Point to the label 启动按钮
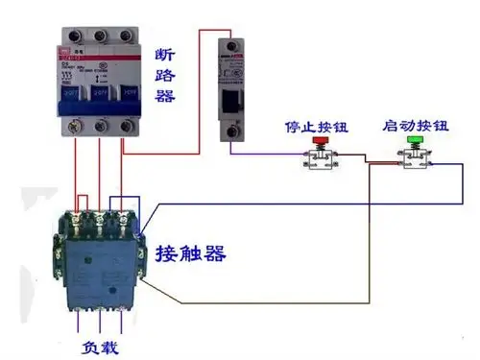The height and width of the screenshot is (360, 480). point(416,126)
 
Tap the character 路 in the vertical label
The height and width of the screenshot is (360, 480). point(164,73)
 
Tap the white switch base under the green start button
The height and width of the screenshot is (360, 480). point(416,163)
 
